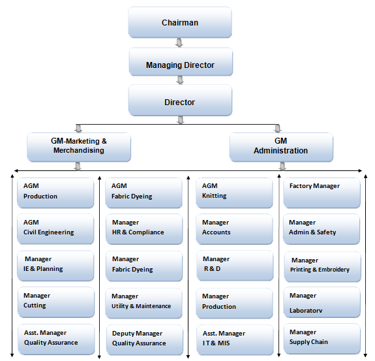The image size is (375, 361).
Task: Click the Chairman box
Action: (179, 23)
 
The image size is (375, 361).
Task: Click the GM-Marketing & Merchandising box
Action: (79, 146)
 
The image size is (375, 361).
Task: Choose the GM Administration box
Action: (280, 146)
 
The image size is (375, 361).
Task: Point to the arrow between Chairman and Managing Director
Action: (179, 43)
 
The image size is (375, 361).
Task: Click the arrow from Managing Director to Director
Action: (179, 81)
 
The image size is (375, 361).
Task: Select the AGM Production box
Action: (55, 191)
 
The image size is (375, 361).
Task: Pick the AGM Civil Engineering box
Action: (55, 228)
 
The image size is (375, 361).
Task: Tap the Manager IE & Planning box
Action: (55, 264)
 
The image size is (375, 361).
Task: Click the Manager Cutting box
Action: (55, 301)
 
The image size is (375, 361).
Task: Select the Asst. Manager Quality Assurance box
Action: (55, 337)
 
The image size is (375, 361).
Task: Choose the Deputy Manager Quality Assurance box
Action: (143, 338)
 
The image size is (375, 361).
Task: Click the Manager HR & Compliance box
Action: (143, 228)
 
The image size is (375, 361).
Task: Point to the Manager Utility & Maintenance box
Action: (143, 302)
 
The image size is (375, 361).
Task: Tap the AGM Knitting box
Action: (233, 191)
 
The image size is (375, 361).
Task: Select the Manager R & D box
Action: (233, 264)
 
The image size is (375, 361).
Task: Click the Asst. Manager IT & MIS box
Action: (233, 338)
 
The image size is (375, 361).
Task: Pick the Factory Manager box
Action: (322, 191)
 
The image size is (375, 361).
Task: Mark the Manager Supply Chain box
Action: (322, 337)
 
